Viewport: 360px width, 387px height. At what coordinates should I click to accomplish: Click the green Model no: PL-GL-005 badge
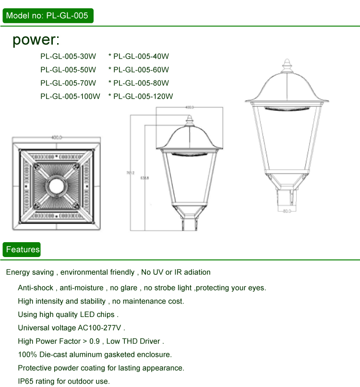click(47, 16)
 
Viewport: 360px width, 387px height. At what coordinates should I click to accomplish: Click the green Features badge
click(23, 249)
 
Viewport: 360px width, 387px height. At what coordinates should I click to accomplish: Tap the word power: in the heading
click(36, 40)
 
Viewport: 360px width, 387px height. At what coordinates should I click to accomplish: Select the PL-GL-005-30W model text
click(68, 56)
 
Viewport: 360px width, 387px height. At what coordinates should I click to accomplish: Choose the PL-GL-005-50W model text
click(68, 70)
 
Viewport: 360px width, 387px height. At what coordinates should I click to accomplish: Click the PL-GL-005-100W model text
click(70, 96)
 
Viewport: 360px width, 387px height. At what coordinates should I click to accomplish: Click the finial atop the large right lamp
click(287, 65)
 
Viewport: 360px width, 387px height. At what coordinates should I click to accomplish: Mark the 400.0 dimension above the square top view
click(57, 138)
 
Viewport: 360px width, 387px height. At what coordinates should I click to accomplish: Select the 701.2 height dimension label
click(130, 173)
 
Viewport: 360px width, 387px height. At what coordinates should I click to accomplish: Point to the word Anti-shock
click(36, 288)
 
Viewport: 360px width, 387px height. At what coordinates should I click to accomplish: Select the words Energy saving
click(30, 272)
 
